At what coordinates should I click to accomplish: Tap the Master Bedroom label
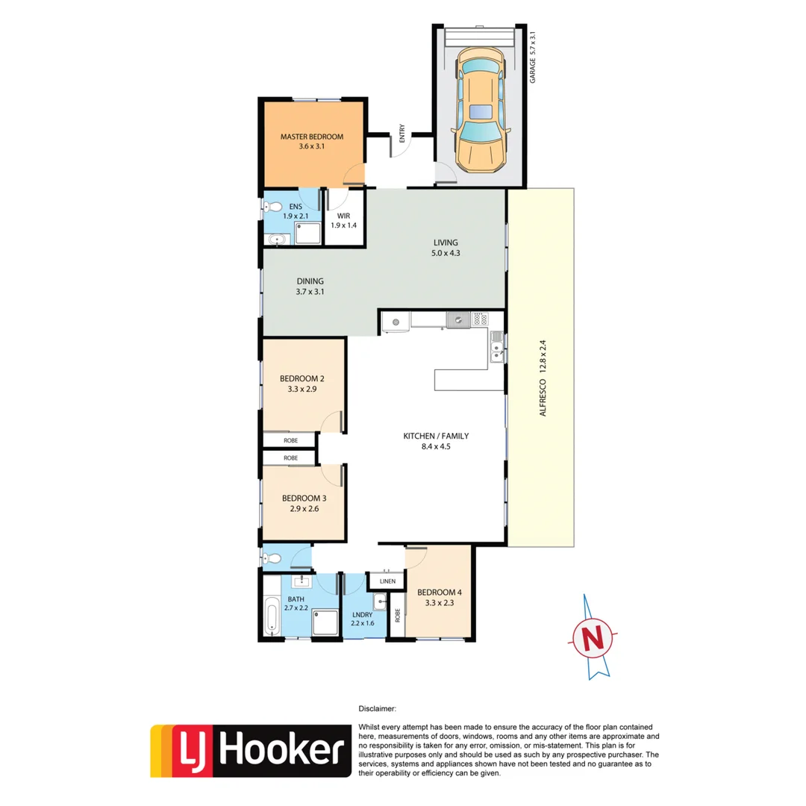click(x=311, y=142)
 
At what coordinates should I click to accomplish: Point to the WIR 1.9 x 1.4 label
click(x=343, y=220)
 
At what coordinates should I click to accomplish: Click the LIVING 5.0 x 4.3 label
click(x=446, y=247)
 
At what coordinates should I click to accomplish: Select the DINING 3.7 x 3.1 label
click(x=309, y=286)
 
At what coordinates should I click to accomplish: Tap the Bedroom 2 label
click(x=302, y=383)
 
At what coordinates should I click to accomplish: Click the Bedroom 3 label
click(x=303, y=504)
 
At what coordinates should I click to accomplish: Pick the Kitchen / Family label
click(x=436, y=442)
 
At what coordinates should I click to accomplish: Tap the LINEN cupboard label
click(x=387, y=581)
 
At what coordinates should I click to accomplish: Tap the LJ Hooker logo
click(x=251, y=750)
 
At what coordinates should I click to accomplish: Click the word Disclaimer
click(x=377, y=709)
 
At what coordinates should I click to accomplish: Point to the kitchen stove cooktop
click(x=478, y=320)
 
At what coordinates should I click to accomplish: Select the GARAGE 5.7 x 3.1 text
click(x=533, y=56)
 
